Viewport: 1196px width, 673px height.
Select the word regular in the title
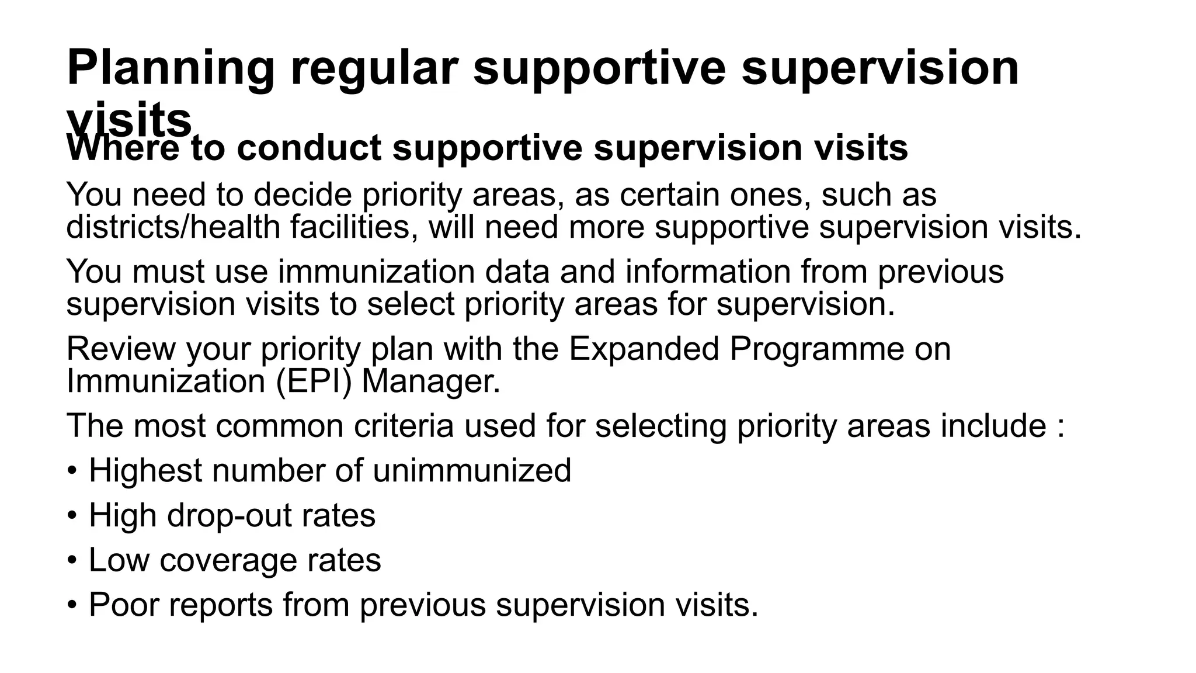tap(374, 69)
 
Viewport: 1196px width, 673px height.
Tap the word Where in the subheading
tap(123, 148)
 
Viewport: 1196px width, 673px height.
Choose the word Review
tap(120, 349)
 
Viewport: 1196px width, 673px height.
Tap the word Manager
tap(431, 381)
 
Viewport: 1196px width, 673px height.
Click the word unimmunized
tap(472, 470)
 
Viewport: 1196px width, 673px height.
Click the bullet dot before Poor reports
tap(72, 605)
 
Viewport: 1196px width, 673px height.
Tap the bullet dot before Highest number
tap(72, 470)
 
